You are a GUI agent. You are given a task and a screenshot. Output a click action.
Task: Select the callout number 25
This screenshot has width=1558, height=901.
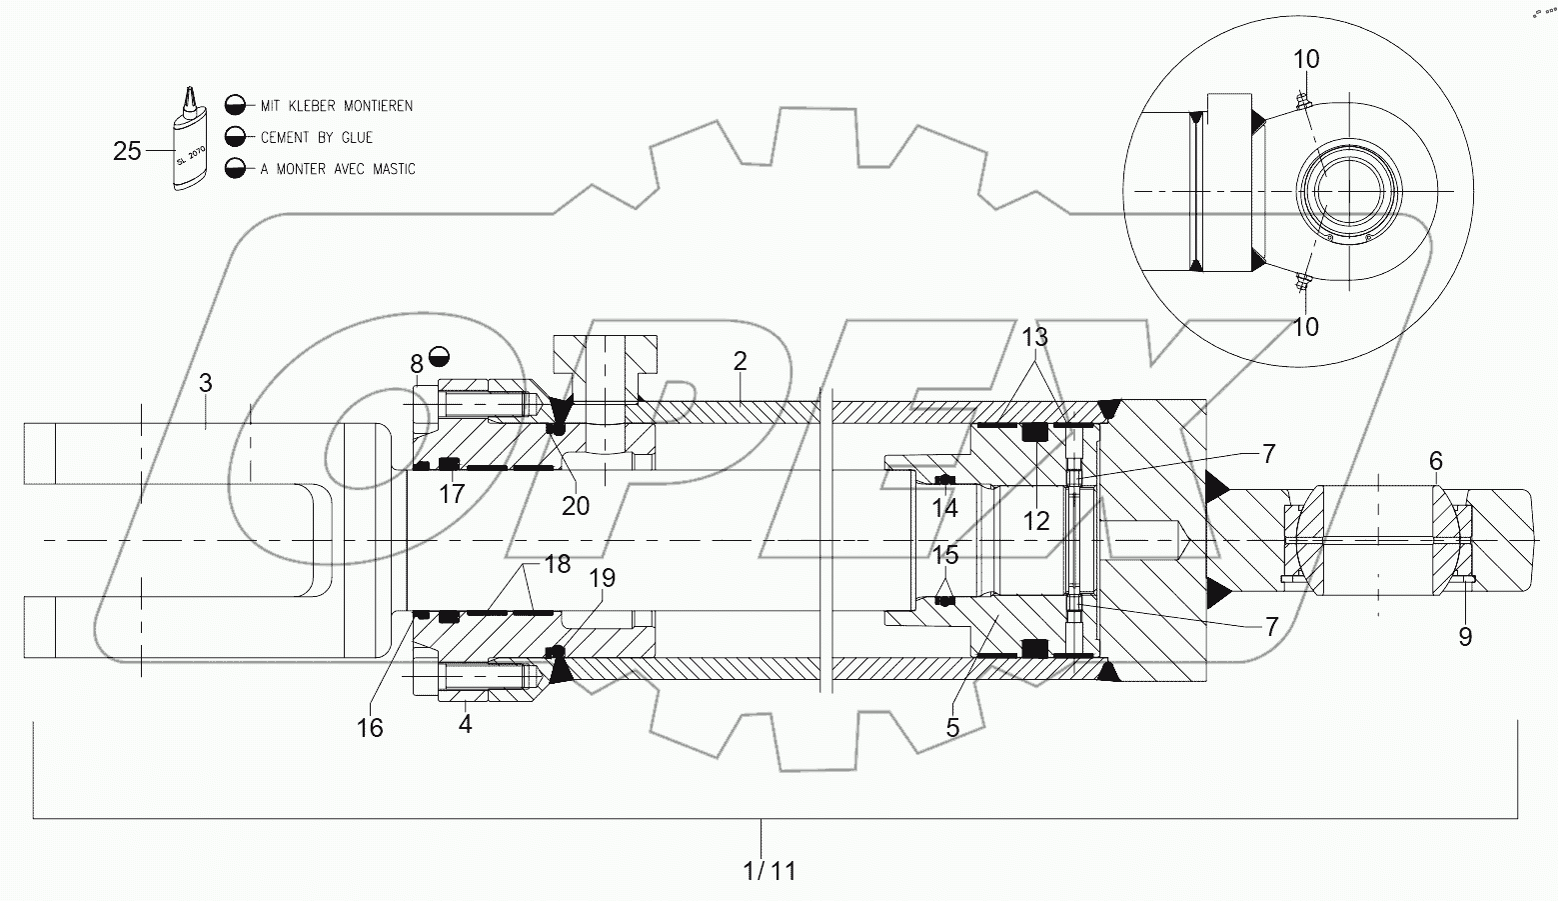tap(127, 152)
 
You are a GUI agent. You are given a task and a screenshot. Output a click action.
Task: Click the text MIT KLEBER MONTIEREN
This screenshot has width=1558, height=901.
tap(336, 106)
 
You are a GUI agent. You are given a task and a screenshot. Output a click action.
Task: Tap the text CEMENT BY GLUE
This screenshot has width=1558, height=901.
tap(316, 138)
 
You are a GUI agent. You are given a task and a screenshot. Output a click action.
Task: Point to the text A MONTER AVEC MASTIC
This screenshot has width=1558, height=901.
tap(337, 170)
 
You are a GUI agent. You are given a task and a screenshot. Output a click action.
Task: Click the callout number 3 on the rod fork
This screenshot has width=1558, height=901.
tap(205, 383)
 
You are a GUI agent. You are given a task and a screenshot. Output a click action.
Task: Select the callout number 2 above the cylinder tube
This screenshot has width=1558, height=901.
tap(740, 361)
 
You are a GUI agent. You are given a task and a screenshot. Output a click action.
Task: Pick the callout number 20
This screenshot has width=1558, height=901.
tap(576, 506)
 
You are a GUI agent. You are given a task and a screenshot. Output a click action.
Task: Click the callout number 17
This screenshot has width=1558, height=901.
tap(453, 494)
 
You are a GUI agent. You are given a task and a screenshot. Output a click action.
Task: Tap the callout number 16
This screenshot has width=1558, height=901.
tap(370, 728)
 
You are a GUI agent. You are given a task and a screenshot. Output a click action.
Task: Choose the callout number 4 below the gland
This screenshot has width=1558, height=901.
tap(465, 723)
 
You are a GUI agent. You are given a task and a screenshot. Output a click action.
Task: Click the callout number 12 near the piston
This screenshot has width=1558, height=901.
tap(1036, 521)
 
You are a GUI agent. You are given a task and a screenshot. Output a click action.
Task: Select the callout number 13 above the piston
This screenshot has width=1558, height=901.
tap(1035, 338)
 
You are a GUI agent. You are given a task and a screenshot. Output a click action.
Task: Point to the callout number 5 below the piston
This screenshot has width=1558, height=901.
tap(952, 728)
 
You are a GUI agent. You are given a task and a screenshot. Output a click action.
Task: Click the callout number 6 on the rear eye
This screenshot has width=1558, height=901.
tap(1436, 461)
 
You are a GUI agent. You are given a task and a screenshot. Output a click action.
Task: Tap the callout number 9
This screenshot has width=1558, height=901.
tap(1465, 636)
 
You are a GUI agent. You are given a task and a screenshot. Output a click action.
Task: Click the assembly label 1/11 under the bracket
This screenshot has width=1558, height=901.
tap(770, 871)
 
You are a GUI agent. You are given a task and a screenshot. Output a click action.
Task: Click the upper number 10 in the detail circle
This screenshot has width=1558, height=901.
tap(1306, 60)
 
